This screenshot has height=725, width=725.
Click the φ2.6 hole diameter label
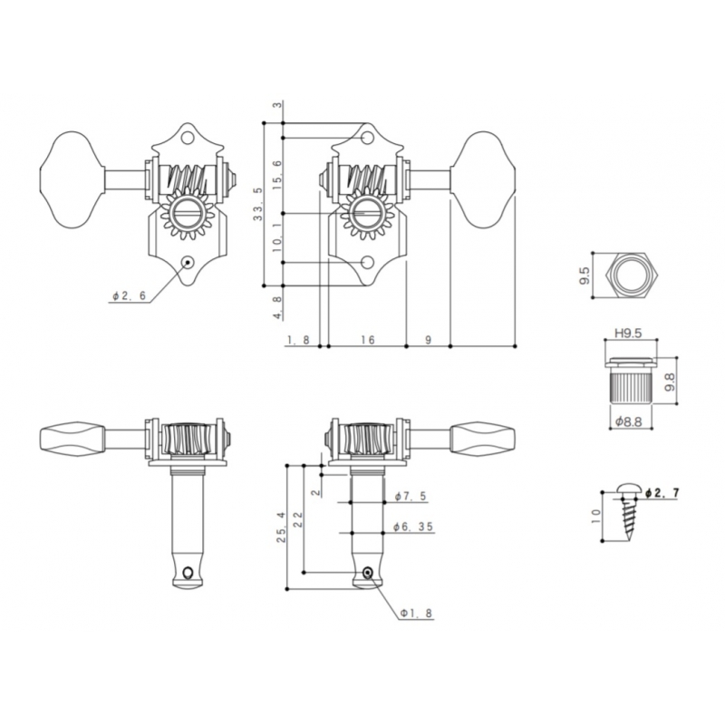pyautogui.click(x=129, y=295)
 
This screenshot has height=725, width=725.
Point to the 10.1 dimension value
pyautogui.click(x=277, y=237)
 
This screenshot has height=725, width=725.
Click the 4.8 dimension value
pyautogui.click(x=277, y=308)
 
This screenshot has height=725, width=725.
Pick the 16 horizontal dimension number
pyautogui.click(x=367, y=340)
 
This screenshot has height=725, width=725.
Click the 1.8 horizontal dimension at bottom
pyautogui.click(x=298, y=341)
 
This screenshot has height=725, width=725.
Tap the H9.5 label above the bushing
pyautogui.click(x=628, y=333)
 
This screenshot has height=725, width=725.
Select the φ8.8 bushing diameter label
pyautogui.click(x=629, y=421)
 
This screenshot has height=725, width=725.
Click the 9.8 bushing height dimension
pyautogui.click(x=671, y=382)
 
